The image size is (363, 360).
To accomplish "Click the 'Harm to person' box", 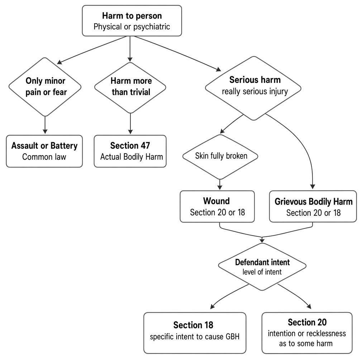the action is pos(132,21).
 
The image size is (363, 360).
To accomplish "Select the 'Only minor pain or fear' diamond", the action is pos(45,87).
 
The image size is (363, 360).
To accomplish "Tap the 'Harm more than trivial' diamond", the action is pos(130,88).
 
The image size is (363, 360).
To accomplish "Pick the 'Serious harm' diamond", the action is pos(253,88).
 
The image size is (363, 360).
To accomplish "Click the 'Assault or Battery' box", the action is pos(44,151).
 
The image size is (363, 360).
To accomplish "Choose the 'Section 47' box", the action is pos(130,151).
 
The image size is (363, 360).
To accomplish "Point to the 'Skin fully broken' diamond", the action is pos(220,157).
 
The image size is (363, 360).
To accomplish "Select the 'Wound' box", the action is pos(217,206).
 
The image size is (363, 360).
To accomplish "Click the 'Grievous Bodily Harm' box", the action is pos(313,206).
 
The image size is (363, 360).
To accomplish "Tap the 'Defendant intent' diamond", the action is pos(262,267).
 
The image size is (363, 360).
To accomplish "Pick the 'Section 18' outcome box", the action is pos(195,333).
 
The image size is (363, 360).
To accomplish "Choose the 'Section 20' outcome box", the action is pos(307,333).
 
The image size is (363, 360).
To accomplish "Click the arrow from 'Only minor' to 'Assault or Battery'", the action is pos(45,125).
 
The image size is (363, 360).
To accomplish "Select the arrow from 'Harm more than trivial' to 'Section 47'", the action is pos(130,124).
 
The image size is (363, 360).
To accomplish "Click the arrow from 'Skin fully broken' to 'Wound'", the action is pos(220,184).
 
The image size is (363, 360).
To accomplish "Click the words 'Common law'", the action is pos(44,157).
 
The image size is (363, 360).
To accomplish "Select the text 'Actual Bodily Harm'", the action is pos(132,157).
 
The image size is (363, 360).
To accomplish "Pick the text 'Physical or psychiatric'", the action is pos(132,27).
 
